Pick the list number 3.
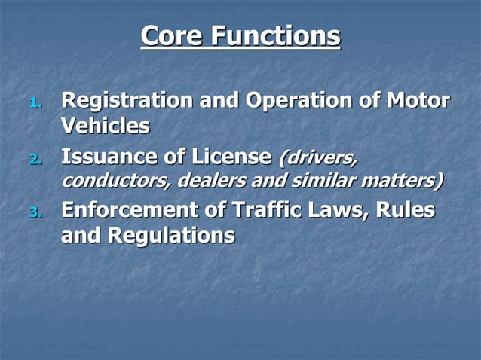pos(35,212)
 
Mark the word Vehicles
pos(105,126)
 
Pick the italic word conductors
pos(115,182)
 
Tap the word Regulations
pos(172,235)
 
